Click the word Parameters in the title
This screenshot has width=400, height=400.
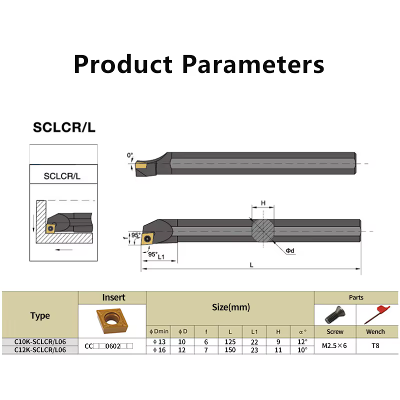[x=253, y=64]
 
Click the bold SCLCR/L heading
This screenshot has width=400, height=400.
[x=64, y=127]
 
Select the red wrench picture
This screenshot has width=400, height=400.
[x=377, y=314]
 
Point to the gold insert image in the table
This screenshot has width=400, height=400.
[x=112, y=320]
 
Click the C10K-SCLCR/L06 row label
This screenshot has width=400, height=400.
[x=40, y=342]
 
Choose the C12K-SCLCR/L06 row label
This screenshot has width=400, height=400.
[x=40, y=350]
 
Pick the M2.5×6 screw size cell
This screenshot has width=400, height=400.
[x=334, y=345]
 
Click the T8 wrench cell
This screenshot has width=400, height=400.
[x=375, y=345]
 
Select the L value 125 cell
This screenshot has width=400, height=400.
[x=230, y=342]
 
